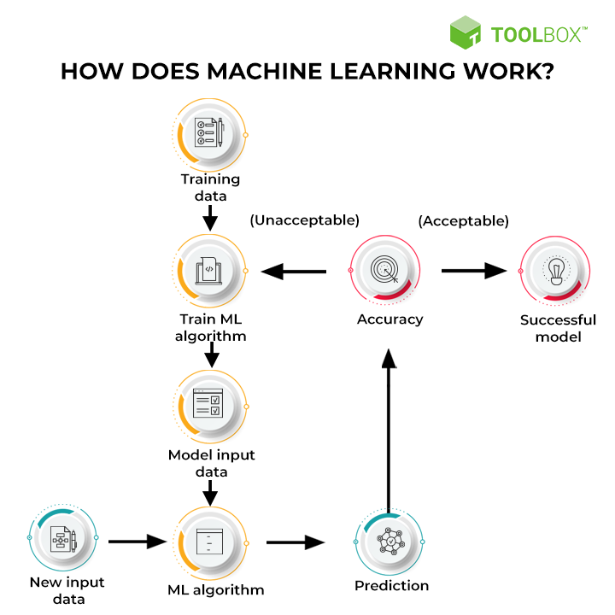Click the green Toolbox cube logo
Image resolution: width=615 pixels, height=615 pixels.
point(467,34)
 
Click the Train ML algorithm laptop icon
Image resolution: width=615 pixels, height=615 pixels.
point(210,272)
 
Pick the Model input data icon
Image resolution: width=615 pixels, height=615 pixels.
point(210,404)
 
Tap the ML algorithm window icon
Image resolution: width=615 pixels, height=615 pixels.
point(210,541)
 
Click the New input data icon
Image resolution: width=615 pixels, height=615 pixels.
point(63,540)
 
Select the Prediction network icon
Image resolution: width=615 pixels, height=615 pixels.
point(391,542)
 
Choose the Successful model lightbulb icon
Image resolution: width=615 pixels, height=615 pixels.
point(556,272)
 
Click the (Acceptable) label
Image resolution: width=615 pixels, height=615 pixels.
point(463,220)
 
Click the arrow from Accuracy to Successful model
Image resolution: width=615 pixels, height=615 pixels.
point(474,272)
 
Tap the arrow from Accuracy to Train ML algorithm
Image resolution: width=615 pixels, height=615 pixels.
point(295,272)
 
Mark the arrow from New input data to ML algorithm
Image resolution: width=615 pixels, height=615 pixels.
point(137,541)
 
